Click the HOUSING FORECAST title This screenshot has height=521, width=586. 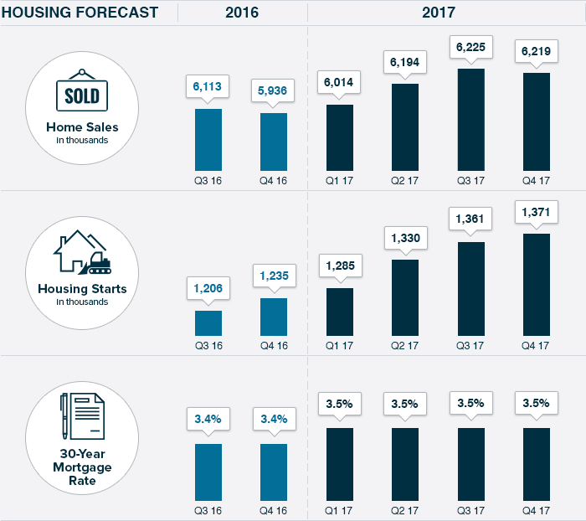pyautogui.click(x=80, y=13)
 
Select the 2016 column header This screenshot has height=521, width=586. pyautogui.click(x=241, y=13)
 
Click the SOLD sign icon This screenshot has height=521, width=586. pyautogui.click(x=82, y=93)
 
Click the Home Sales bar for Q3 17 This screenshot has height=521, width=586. pyautogui.click(x=470, y=120)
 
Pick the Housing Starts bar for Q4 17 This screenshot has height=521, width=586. pyautogui.click(x=537, y=285)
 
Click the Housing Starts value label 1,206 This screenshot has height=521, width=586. pyautogui.click(x=208, y=287)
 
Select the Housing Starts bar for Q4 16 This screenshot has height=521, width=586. pyautogui.click(x=274, y=317)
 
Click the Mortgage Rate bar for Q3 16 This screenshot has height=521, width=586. pyautogui.click(x=208, y=473)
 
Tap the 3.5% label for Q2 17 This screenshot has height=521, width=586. pyautogui.click(x=405, y=404)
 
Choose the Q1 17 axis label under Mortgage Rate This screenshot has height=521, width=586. pyautogui.click(x=339, y=510)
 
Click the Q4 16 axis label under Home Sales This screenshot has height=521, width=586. pyautogui.click(x=274, y=180)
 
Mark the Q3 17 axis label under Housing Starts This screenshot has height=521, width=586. pyautogui.click(x=470, y=345)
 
